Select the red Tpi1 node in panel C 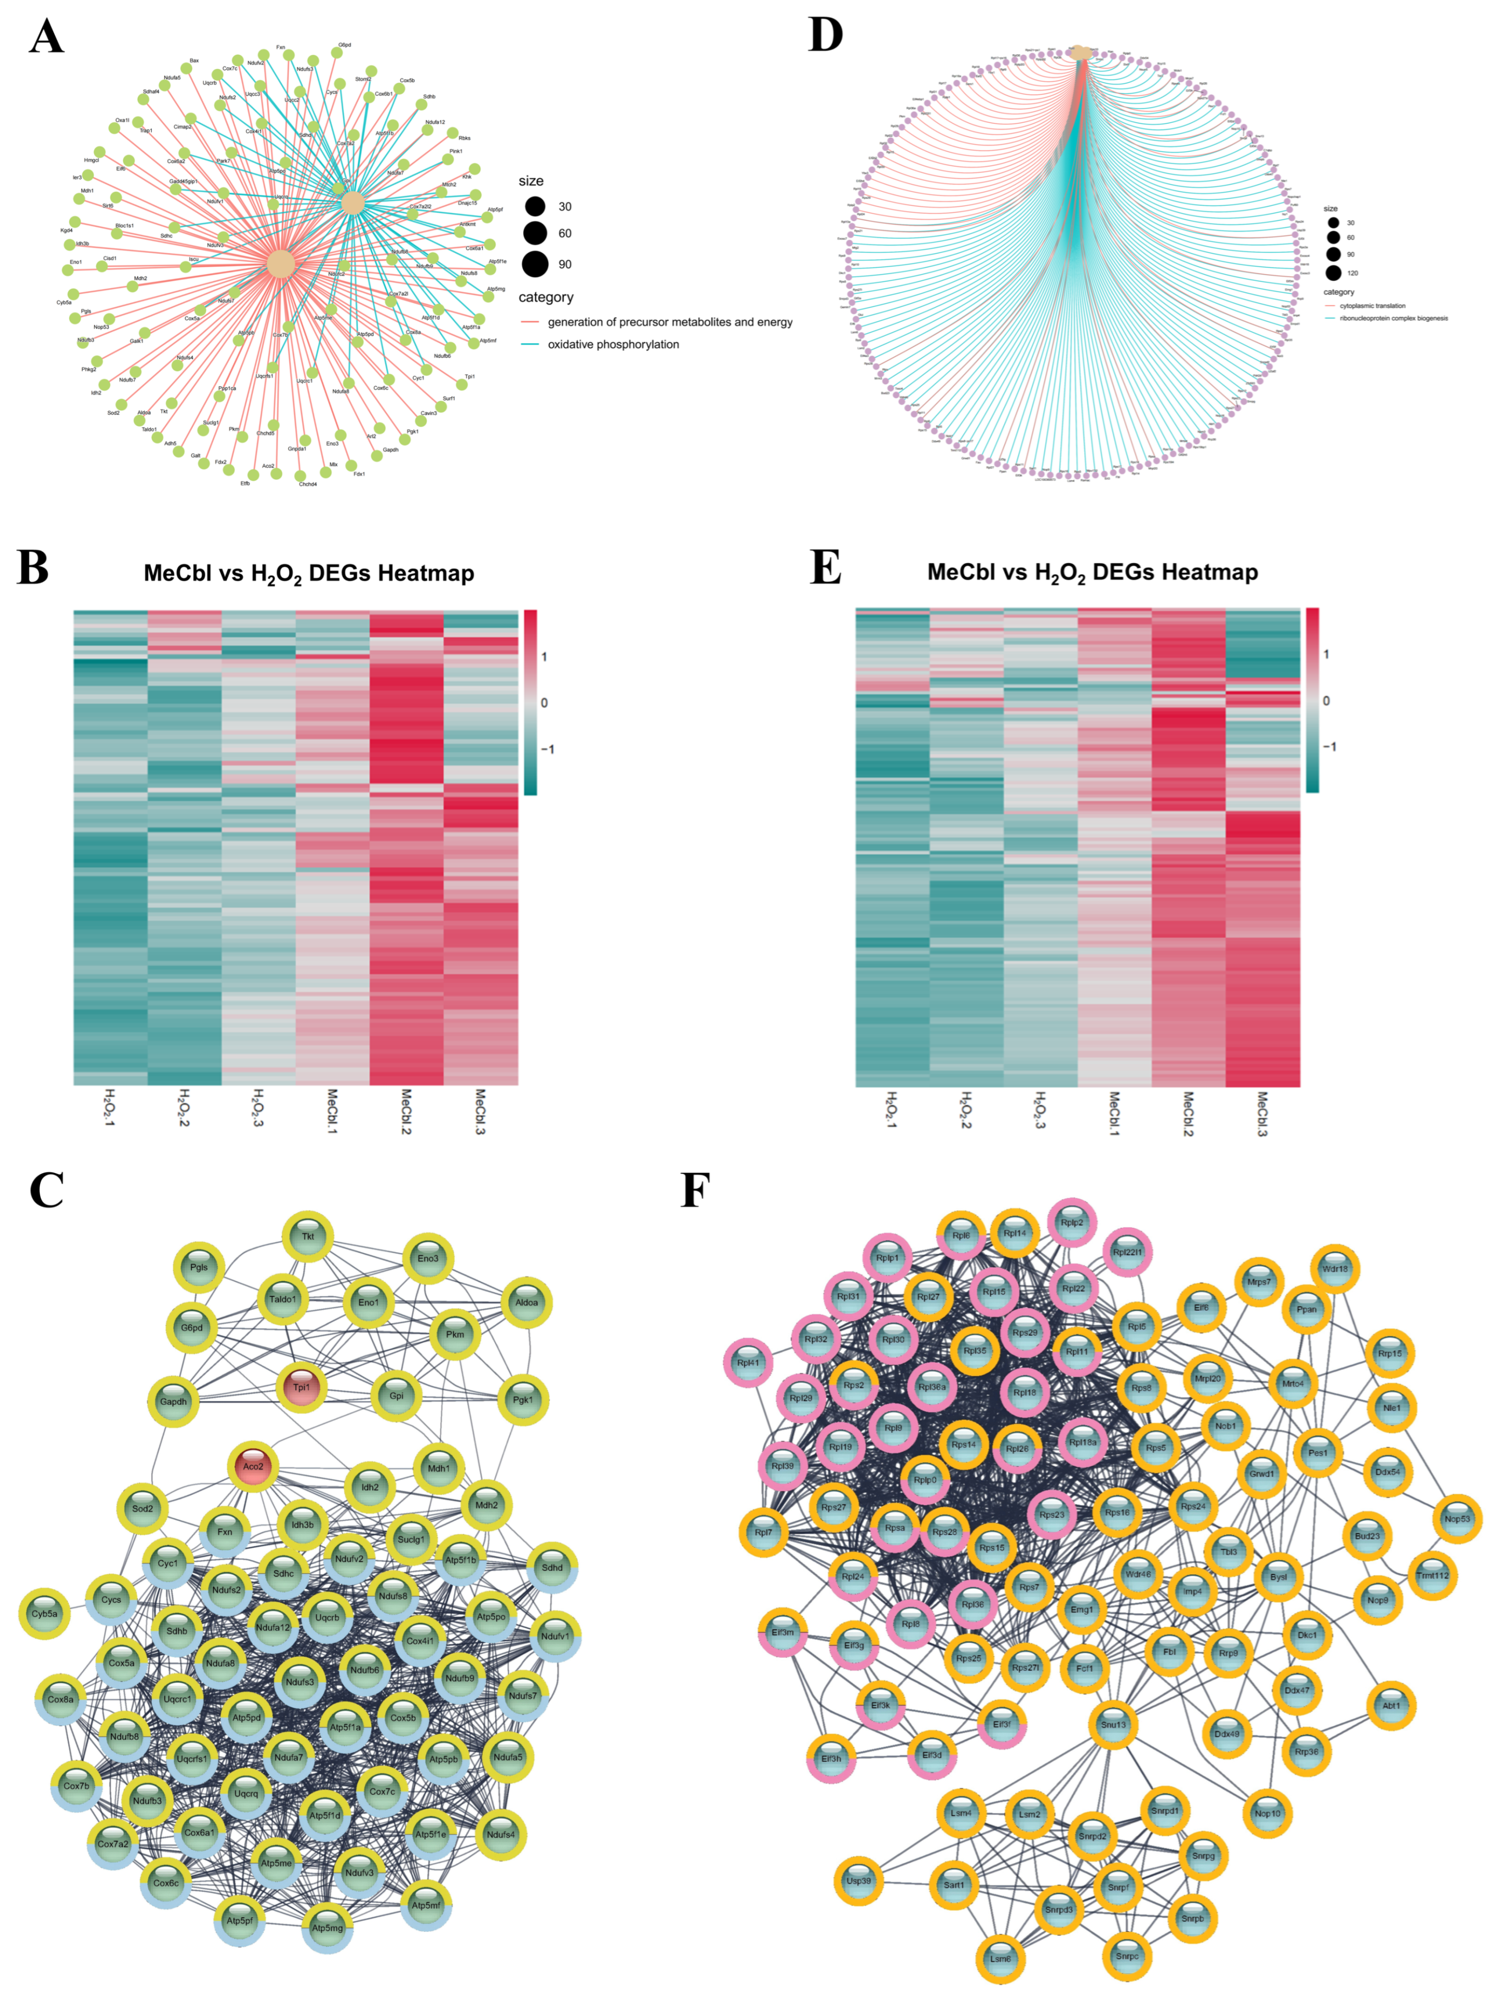coord(301,1387)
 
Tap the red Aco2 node coord(253,1467)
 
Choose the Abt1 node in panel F coord(1391,1705)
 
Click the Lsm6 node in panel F coord(1001,1958)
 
